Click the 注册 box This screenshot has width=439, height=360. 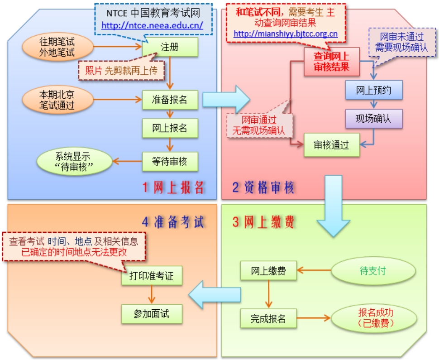click(x=170, y=47)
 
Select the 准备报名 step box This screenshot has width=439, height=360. click(x=170, y=100)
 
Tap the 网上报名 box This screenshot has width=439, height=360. click(x=170, y=128)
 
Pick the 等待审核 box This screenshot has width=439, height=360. click(x=170, y=160)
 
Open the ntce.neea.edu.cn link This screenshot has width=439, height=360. click(x=152, y=25)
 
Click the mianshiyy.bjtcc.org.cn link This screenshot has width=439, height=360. click(x=286, y=34)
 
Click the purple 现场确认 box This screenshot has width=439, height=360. click(x=373, y=119)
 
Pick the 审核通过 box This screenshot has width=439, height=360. click(x=332, y=145)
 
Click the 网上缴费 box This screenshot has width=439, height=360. click(x=268, y=271)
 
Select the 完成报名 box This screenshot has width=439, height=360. click(x=268, y=318)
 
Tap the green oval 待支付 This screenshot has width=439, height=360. click(x=373, y=271)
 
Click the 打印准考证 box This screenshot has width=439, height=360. click(x=152, y=275)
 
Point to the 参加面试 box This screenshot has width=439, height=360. click(x=152, y=313)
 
